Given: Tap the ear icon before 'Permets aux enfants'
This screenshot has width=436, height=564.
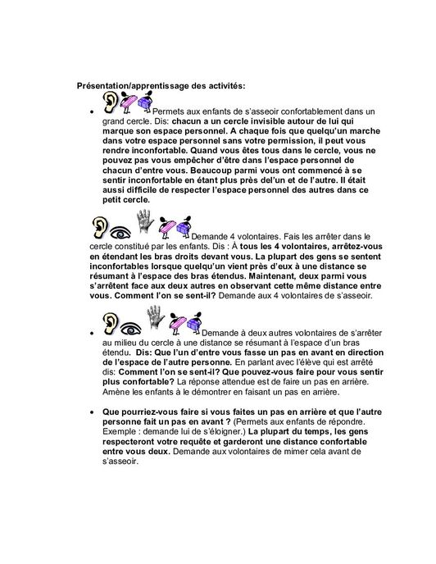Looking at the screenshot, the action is [111, 102].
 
